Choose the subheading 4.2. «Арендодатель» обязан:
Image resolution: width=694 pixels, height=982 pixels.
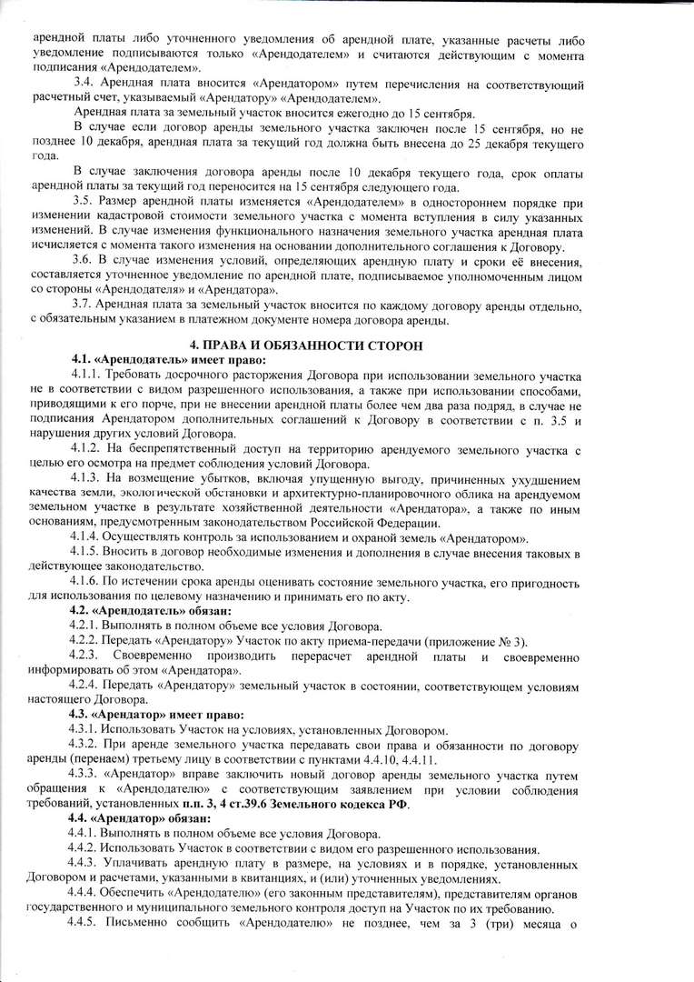coord(144,610)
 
